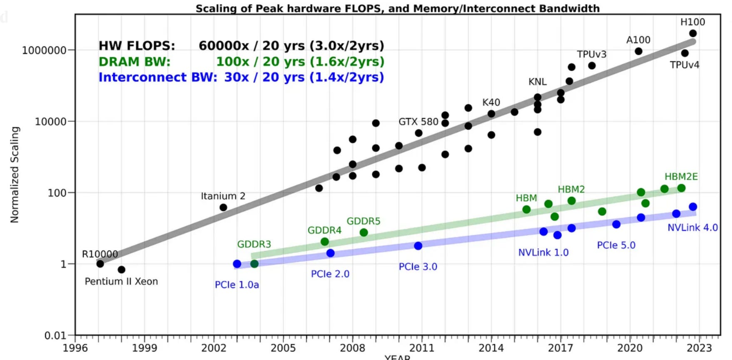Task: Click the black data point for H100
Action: coord(693,33)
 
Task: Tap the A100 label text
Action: coord(638,40)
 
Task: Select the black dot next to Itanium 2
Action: coord(223,207)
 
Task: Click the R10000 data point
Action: coord(100,264)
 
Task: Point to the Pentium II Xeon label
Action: coord(121,282)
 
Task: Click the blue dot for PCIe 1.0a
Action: coord(237,264)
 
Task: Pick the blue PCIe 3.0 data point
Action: coord(418,246)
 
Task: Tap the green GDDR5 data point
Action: coord(364,232)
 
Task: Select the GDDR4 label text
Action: coord(324,230)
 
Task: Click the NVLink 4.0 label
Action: coord(692,228)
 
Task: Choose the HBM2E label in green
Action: coord(681,177)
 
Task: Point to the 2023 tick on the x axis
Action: coord(699,348)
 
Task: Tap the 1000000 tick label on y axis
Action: coord(44,50)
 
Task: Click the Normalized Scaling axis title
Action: coord(15,175)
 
